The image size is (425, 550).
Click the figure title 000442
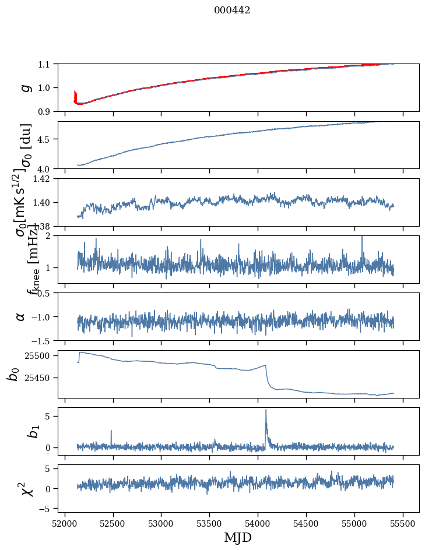click(x=232, y=10)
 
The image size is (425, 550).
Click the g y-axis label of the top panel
click(x=24, y=87)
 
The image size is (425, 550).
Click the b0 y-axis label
click(x=13, y=374)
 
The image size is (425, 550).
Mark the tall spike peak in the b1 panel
click(x=266, y=410)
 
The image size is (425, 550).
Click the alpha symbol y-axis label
click(x=20, y=316)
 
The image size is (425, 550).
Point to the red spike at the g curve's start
click(x=75, y=93)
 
